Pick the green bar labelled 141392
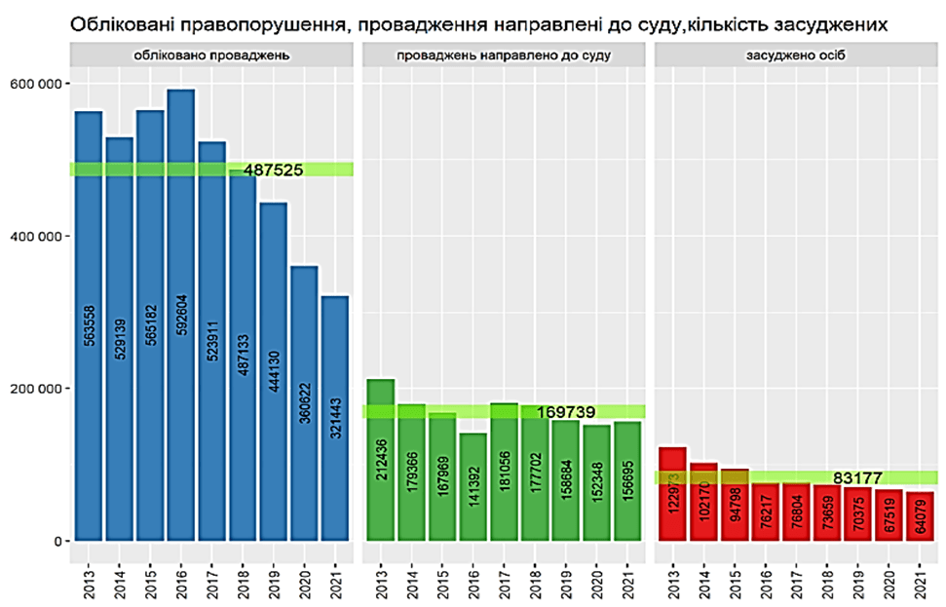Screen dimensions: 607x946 coord(473,487)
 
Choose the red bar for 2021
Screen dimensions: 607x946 coord(922,515)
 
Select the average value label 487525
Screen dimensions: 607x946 coord(274,170)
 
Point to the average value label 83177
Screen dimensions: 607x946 coord(859,477)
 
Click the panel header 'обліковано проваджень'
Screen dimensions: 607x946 coord(211,56)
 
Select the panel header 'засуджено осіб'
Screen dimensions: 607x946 coord(797,56)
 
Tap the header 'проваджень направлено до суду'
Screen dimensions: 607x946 coord(504,56)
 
